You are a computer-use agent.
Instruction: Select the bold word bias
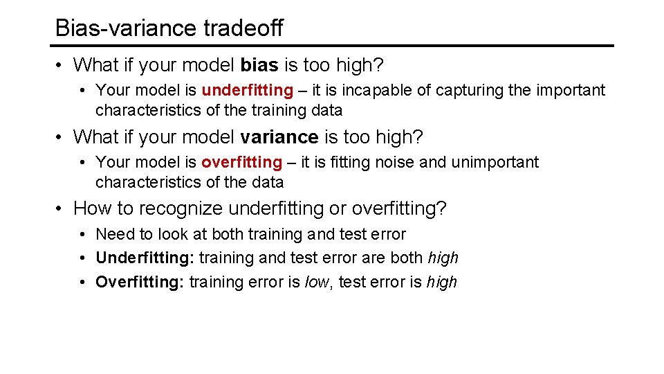(259, 65)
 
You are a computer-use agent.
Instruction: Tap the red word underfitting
(247, 90)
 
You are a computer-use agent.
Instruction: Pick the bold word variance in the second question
(279, 137)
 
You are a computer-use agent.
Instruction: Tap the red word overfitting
(242, 162)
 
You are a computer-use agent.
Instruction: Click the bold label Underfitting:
(145, 258)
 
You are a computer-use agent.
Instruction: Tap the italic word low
(318, 282)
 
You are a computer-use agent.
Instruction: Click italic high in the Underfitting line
(443, 258)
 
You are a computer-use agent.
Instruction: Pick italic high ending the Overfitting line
(442, 282)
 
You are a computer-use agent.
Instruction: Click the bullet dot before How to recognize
(60, 208)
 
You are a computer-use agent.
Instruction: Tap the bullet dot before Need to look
(82, 234)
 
